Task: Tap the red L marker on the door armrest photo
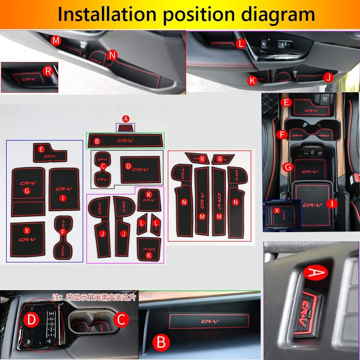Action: pyautogui.click(x=240, y=44)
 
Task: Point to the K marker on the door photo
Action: pyautogui.click(x=252, y=81)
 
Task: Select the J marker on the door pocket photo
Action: pyautogui.click(x=327, y=77)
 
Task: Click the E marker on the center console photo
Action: pyautogui.click(x=286, y=103)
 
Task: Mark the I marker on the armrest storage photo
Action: pyautogui.click(x=332, y=204)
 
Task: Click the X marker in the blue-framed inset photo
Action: pyautogui.click(x=276, y=210)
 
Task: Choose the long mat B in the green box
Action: pyautogui.click(x=125, y=141)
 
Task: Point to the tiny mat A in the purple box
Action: pyautogui.click(x=125, y=127)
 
